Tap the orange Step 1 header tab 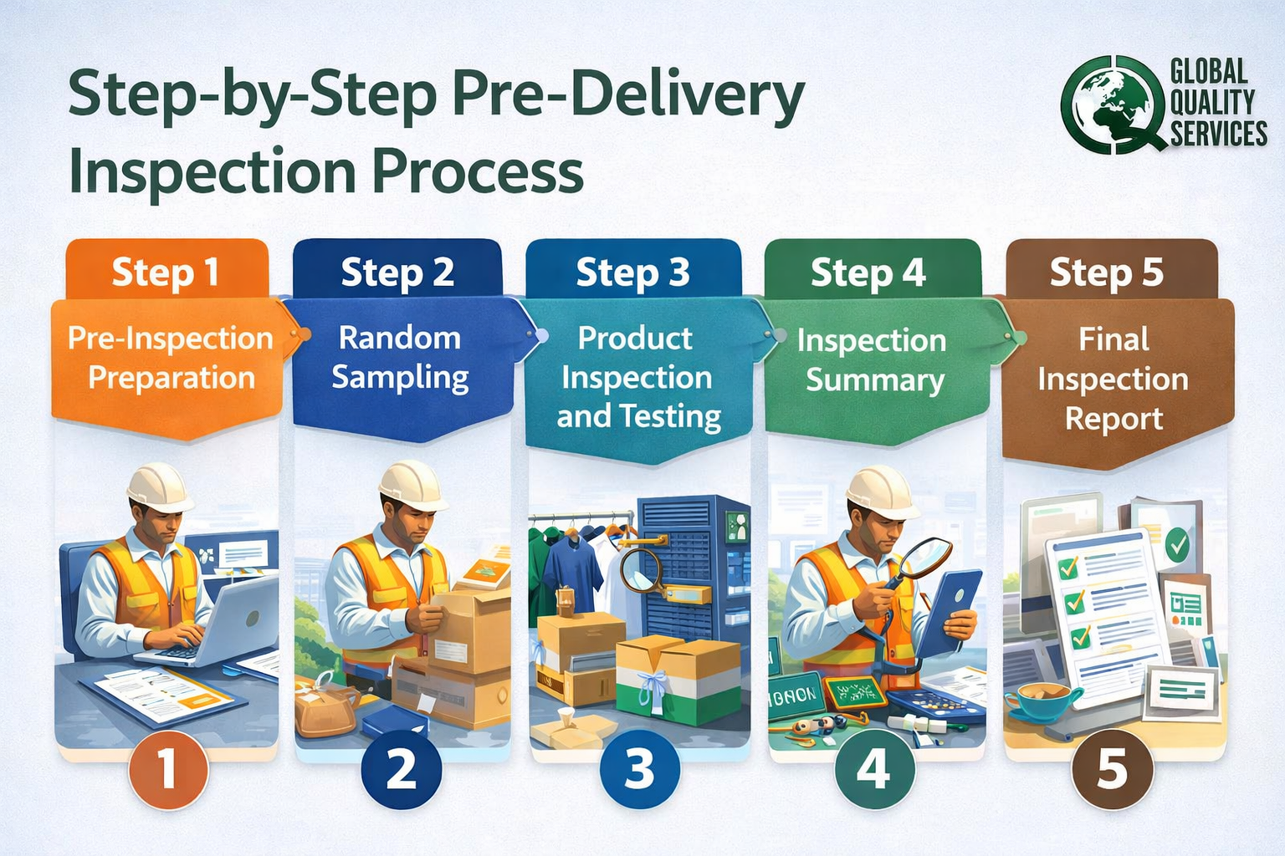[x=166, y=272]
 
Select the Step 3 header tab [x=632, y=273]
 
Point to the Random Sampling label [x=400, y=358]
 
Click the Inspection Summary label [x=872, y=360]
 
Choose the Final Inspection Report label [x=1113, y=379]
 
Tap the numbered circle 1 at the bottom [x=167, y=768]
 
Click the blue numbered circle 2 [x=402, y=768]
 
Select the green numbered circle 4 [x=874, y=768]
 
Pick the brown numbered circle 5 [x=1113, y=768]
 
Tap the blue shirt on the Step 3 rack [x=574, y=568]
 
